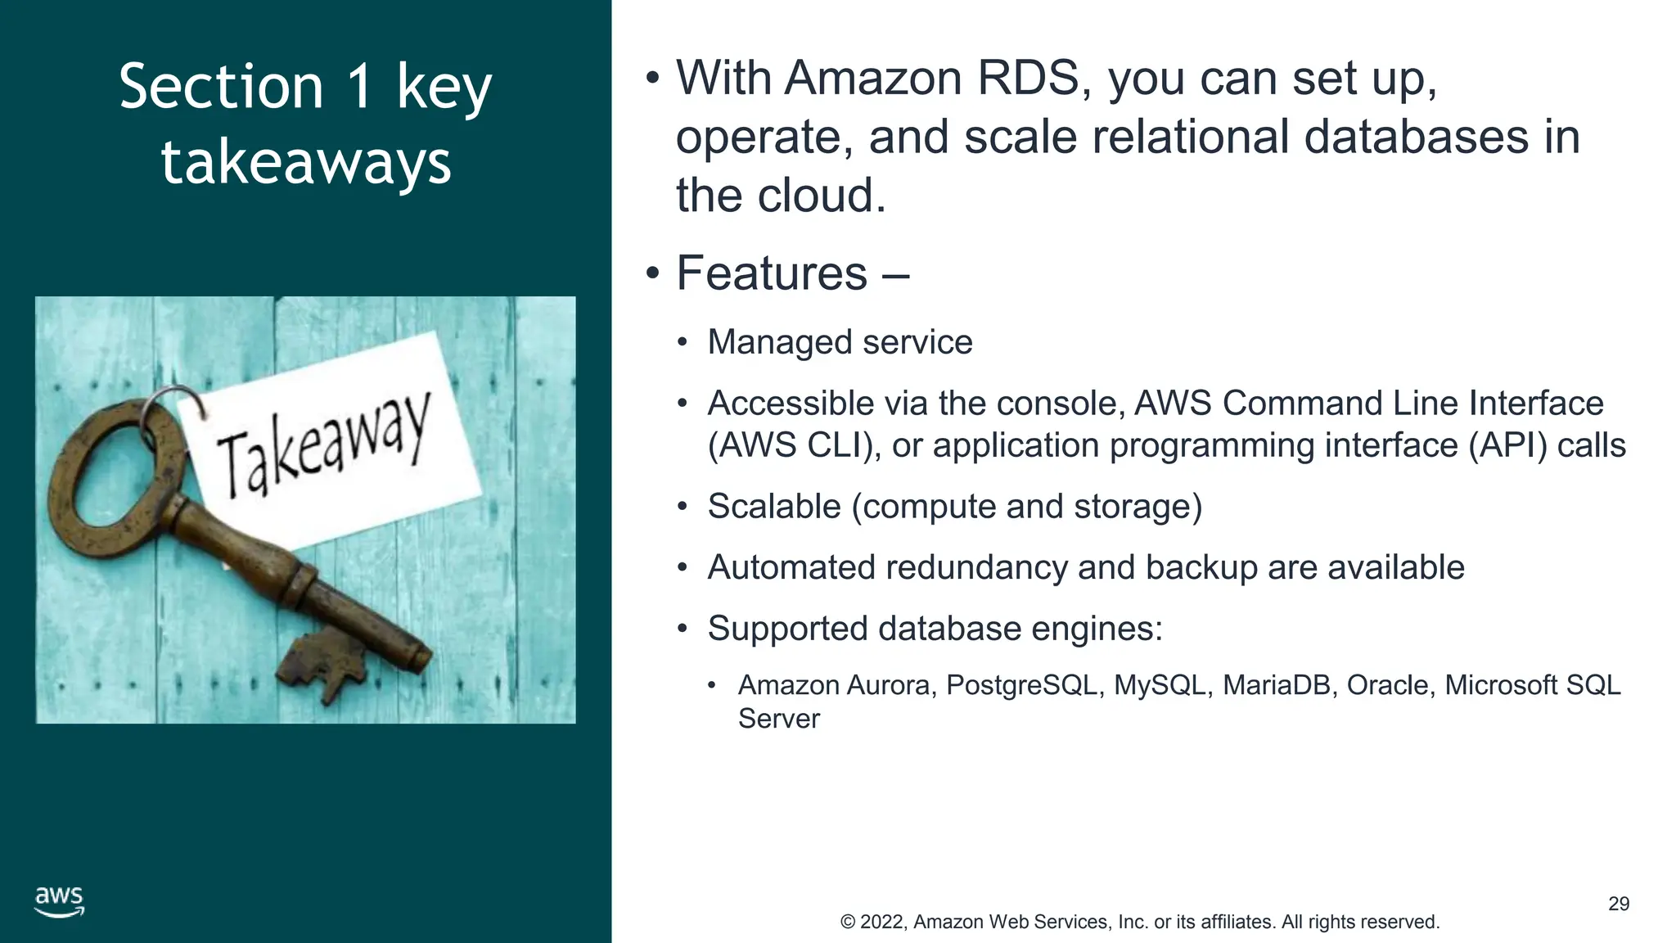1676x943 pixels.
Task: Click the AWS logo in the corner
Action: click(x=59, y=900)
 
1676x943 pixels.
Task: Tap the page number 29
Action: click(x=1618, y=904)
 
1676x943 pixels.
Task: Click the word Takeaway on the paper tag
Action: click(x=323, y=446)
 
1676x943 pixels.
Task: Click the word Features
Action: click(x=771, y=273)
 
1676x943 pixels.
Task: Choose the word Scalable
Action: click(x=773, y=507)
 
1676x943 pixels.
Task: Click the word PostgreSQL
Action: click(x=1021, y=685)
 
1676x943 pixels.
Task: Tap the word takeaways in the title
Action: click(x=306, y=162)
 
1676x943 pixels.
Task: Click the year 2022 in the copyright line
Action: click(x=881, y=922)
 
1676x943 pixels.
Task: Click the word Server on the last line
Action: click(x=778, y=719)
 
